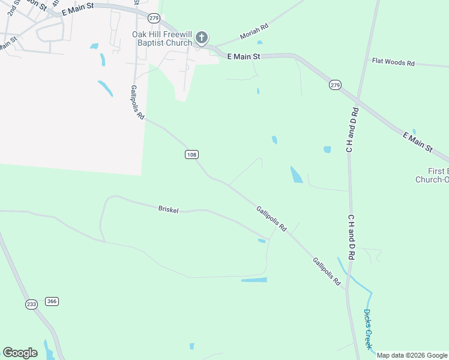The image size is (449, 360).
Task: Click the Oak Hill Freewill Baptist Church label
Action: [x=162, y=38]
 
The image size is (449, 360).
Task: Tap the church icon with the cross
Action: [x=202, y=38]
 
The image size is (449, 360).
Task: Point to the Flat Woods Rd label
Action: [x=393, y=62]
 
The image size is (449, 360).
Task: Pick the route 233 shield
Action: [x=32, y=305]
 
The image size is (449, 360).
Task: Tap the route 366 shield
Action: [x=52, y=301]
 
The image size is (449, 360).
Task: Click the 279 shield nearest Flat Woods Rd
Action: [x=335, y=86]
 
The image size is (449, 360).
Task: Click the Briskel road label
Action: [x=169, y=209]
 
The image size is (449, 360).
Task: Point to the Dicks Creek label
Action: [x=368, y=329]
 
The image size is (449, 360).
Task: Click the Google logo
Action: [x=20, y=353]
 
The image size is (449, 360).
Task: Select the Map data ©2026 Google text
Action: [x=412, y=355]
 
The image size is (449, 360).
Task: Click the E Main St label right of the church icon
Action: [x=244, y=56]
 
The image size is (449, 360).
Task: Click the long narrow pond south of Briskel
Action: [x=254, y=280]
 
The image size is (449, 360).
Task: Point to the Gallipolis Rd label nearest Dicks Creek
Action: [x=326, y=271]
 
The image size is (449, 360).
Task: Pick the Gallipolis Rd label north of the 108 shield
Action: [x=137, y=102]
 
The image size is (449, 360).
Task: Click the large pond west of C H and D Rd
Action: [x=297, y=174]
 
